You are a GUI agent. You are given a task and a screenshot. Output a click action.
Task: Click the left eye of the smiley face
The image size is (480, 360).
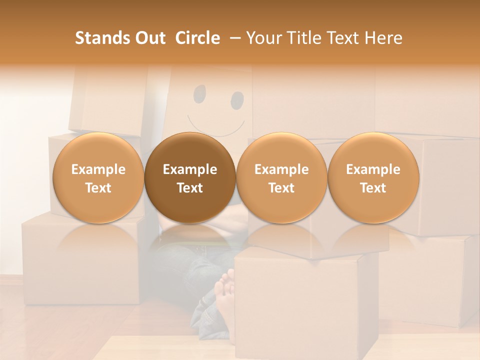tap(199, 92)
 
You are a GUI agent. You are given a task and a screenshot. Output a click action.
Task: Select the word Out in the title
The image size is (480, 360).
tap(149, 38)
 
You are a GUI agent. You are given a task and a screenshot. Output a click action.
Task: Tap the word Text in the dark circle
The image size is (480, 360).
tap(190, 188)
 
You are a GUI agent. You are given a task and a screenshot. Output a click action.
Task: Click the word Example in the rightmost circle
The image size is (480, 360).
tap(373, 169)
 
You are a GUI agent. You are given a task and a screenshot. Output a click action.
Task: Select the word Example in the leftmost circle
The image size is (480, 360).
tap(98, 169)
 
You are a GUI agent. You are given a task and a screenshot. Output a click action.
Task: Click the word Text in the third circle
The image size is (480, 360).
tap(281, 188)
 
